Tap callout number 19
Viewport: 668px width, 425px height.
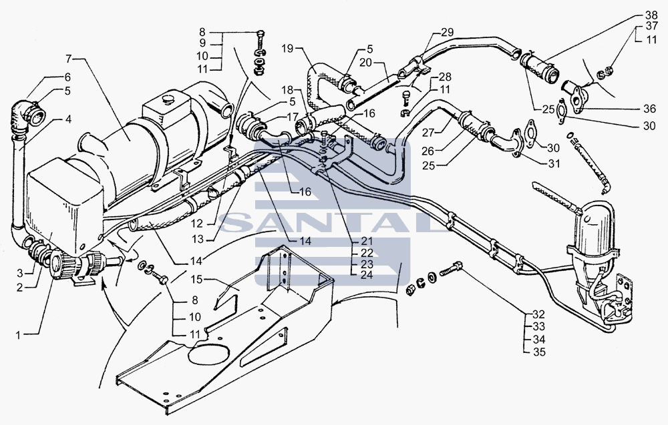click(x=287, y=48)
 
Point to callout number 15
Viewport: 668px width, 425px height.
click(x=197, y=280)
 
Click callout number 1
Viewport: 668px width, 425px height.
click(x=18, y=335)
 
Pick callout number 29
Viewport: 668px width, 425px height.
click(x=448, y=32)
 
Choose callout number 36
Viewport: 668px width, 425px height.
click(x=650, y=109)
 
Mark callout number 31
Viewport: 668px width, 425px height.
click(x=554, y=163)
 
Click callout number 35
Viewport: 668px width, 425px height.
click(x=539, y=352)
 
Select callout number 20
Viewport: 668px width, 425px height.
click(x=366, y=63)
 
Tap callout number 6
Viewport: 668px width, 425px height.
click(x=67, y=77)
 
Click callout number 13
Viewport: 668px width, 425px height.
click(x=198, y=239)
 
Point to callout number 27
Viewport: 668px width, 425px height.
click(x=428, y=132)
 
